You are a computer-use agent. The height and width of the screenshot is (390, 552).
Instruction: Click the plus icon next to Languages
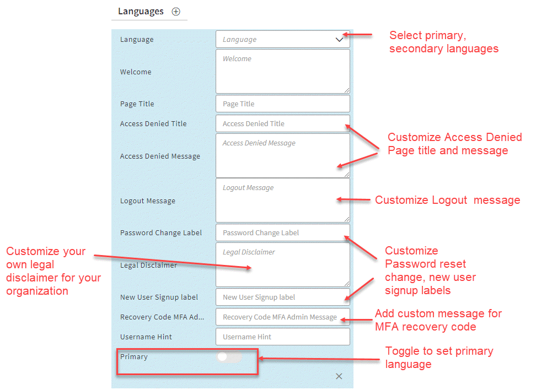pos(176,12)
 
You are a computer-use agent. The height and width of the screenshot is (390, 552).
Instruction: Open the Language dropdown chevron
pos(339,40)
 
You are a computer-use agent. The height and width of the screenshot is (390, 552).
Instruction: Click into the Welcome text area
pos(282,71)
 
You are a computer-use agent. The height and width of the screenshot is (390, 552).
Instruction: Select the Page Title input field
pos(282,104)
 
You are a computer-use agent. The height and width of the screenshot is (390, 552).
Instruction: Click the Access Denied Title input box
pos(282,123)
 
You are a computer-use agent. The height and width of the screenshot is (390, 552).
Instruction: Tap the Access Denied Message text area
pos(282,155)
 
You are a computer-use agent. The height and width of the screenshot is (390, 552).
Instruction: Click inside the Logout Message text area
pos(282,200)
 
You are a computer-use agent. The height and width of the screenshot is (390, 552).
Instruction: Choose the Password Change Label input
pos(282,232)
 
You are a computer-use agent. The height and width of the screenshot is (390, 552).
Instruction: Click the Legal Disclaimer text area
pos(282,264)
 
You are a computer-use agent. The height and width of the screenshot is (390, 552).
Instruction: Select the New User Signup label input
pos(282,297)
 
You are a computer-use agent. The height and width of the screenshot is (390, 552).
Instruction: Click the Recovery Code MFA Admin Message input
pos(282,317)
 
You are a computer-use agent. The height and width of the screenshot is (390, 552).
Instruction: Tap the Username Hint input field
pos(282,337)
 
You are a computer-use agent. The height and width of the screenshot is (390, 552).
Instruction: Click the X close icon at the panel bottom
pos(339,376)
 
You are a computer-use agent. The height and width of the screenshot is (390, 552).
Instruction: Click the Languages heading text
pos(141,11)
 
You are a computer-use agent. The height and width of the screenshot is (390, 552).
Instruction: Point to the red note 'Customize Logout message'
pos(447,200)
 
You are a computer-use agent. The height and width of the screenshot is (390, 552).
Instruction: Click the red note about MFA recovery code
pos(438,320)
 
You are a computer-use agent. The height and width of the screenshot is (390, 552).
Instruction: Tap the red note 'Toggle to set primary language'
pos(439,357)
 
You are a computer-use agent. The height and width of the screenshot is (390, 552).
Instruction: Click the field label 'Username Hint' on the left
pos(146,337)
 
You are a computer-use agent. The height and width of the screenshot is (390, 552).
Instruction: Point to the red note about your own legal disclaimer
pos(53,271)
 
